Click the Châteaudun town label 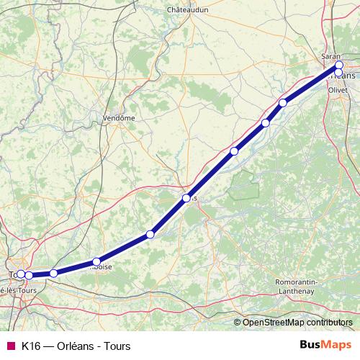click(x=187, y=10)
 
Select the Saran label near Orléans click(x=330, y=55)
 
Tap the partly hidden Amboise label click(x=101, y=267)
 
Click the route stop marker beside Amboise click(x=96, y=262)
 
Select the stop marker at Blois click(x=186, y=198)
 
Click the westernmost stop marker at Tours click(x=21, y=274)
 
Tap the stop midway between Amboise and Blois click(x=150, y=234)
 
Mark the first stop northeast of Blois click(x=234, y=151)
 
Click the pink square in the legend click(x=10, y=346)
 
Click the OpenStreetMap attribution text click(x=297, y=323)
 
